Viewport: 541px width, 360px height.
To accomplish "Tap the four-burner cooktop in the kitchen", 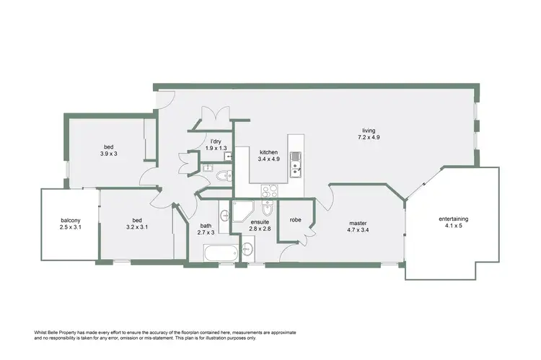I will (x=270, y=191).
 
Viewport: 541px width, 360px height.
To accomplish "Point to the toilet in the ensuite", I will (x=267, y=210).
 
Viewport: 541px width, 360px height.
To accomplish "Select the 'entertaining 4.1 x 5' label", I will (x=454, y=223).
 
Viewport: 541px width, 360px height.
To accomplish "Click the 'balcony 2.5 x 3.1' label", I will (x=70, y=224).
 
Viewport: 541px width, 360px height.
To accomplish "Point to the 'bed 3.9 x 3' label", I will (x=109, y=149).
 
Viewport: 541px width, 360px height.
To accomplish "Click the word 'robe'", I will (x=295, y=219).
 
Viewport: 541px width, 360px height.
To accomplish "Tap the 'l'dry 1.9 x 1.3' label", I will (x=215, y=144).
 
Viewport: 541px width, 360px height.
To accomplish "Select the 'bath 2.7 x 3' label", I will (x=207, y=229).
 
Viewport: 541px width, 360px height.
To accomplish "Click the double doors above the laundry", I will (x=214, y=115).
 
